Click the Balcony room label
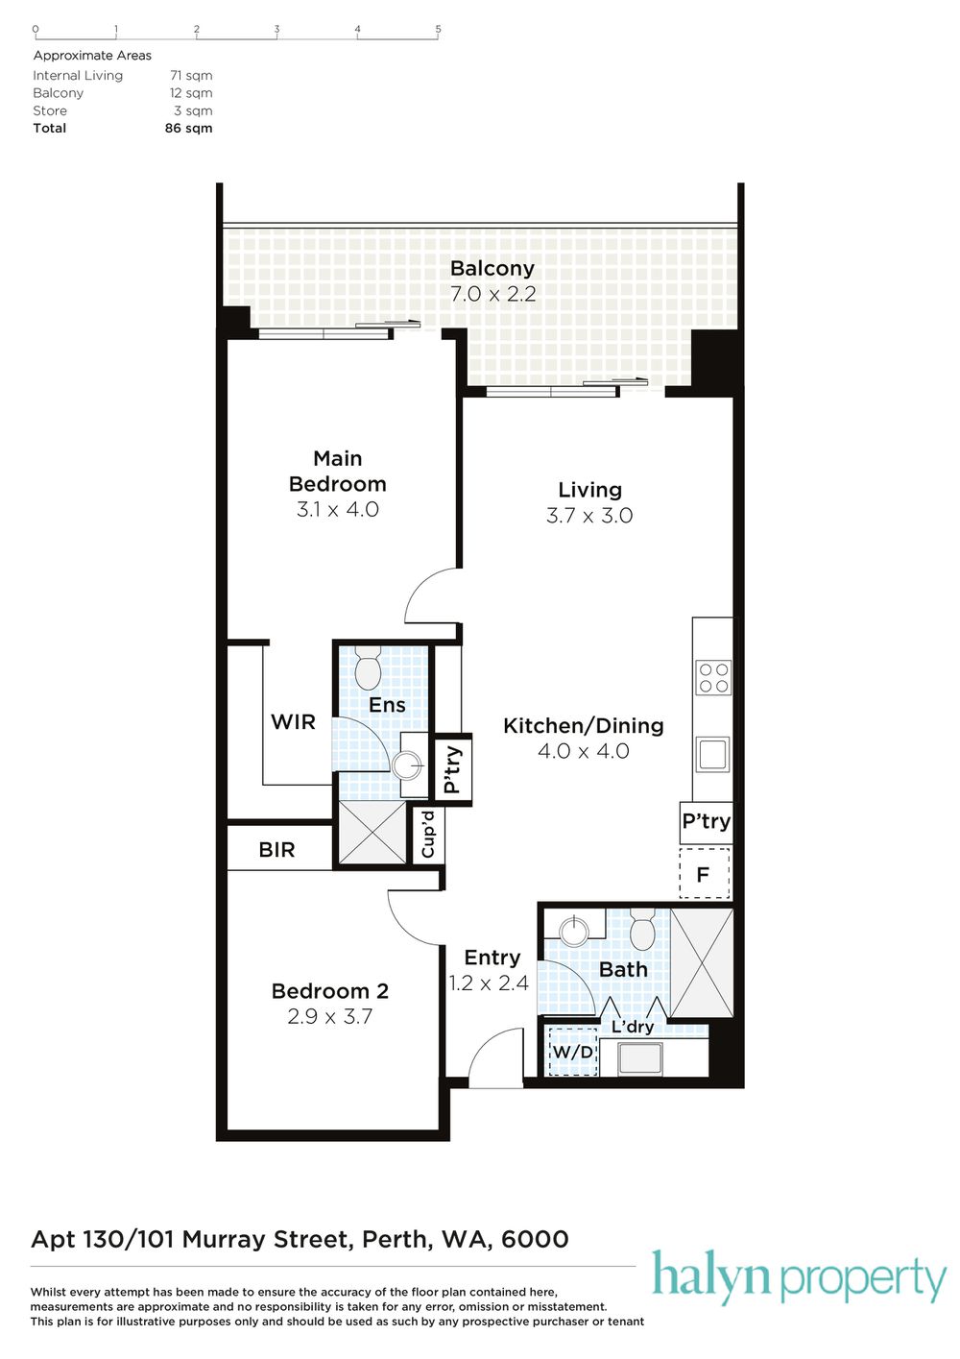point(492,268)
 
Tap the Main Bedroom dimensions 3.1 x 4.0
point(337,509)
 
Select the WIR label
point(293,722)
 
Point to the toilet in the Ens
point(368,667)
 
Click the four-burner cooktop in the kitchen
point(713,678)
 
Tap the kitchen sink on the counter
point(712,754)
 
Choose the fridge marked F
point(704,874)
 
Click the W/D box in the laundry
point(571,1052)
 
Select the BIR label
point(276,849)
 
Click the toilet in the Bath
point(642,929)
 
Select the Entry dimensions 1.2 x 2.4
point(489,983)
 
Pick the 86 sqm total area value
point(188,128)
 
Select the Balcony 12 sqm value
point(191,93)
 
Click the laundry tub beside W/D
point(639,1058)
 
